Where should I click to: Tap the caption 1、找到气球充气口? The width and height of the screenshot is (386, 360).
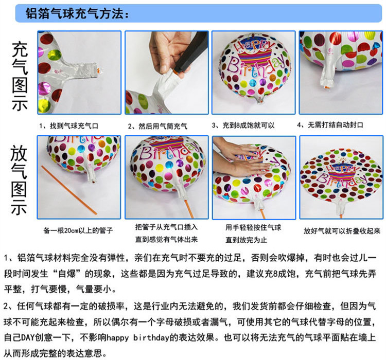point(68,125)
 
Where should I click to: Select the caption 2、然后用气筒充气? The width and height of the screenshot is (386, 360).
point(157,125)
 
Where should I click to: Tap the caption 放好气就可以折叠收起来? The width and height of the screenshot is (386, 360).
point(341,231)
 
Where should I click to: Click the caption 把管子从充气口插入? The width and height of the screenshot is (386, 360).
point(166,227)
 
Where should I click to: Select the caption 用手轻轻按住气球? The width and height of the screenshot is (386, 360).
point(253,227)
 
